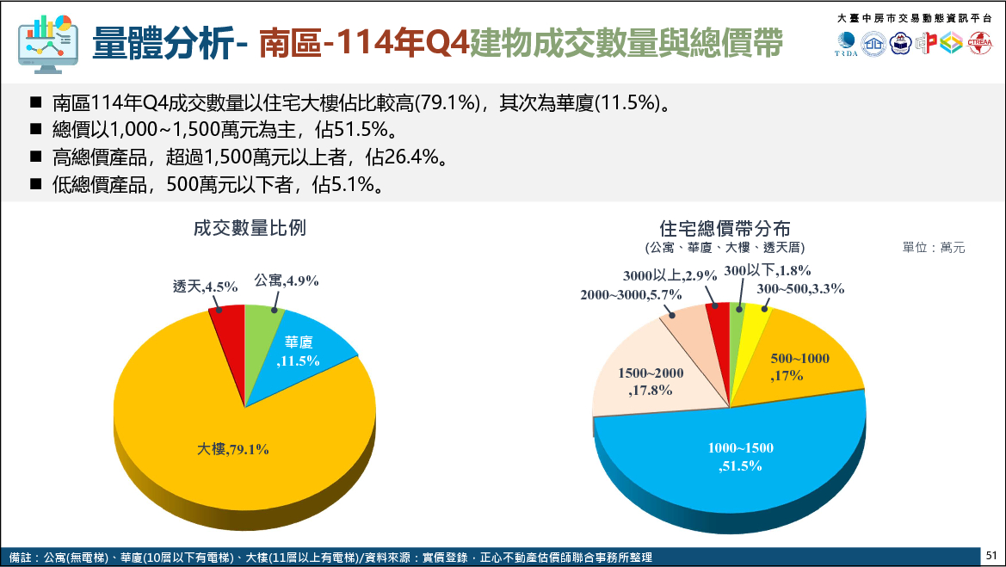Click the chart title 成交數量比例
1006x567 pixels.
pos(250,228)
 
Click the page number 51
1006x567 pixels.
pos(991,556)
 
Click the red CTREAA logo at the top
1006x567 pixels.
pos(979,43)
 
